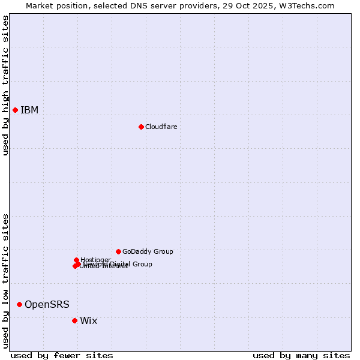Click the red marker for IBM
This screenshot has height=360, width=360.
tap(15, 110)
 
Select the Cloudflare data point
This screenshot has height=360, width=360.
tap(141, 127)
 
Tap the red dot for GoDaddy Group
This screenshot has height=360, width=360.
tap(118, 251)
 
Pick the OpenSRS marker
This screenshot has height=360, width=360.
tap(19, 304)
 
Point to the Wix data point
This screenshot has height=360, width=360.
tap(74, 320)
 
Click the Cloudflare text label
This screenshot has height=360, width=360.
tap(161, 127)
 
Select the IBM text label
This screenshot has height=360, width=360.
tap(29, 110)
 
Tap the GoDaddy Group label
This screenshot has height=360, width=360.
tap(148, 251)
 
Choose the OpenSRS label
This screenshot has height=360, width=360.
tap(47, 304)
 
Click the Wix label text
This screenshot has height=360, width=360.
tap(88, 320)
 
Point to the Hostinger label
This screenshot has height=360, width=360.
tap(95, 260)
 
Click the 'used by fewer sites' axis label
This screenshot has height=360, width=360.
tap(62, 355)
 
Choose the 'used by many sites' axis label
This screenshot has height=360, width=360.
tap(301, 355)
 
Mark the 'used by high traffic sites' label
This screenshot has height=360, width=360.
tap(5, 85)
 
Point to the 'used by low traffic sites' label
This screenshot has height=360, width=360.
tap(5, 281)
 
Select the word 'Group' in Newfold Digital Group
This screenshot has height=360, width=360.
tap(142, 264)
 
